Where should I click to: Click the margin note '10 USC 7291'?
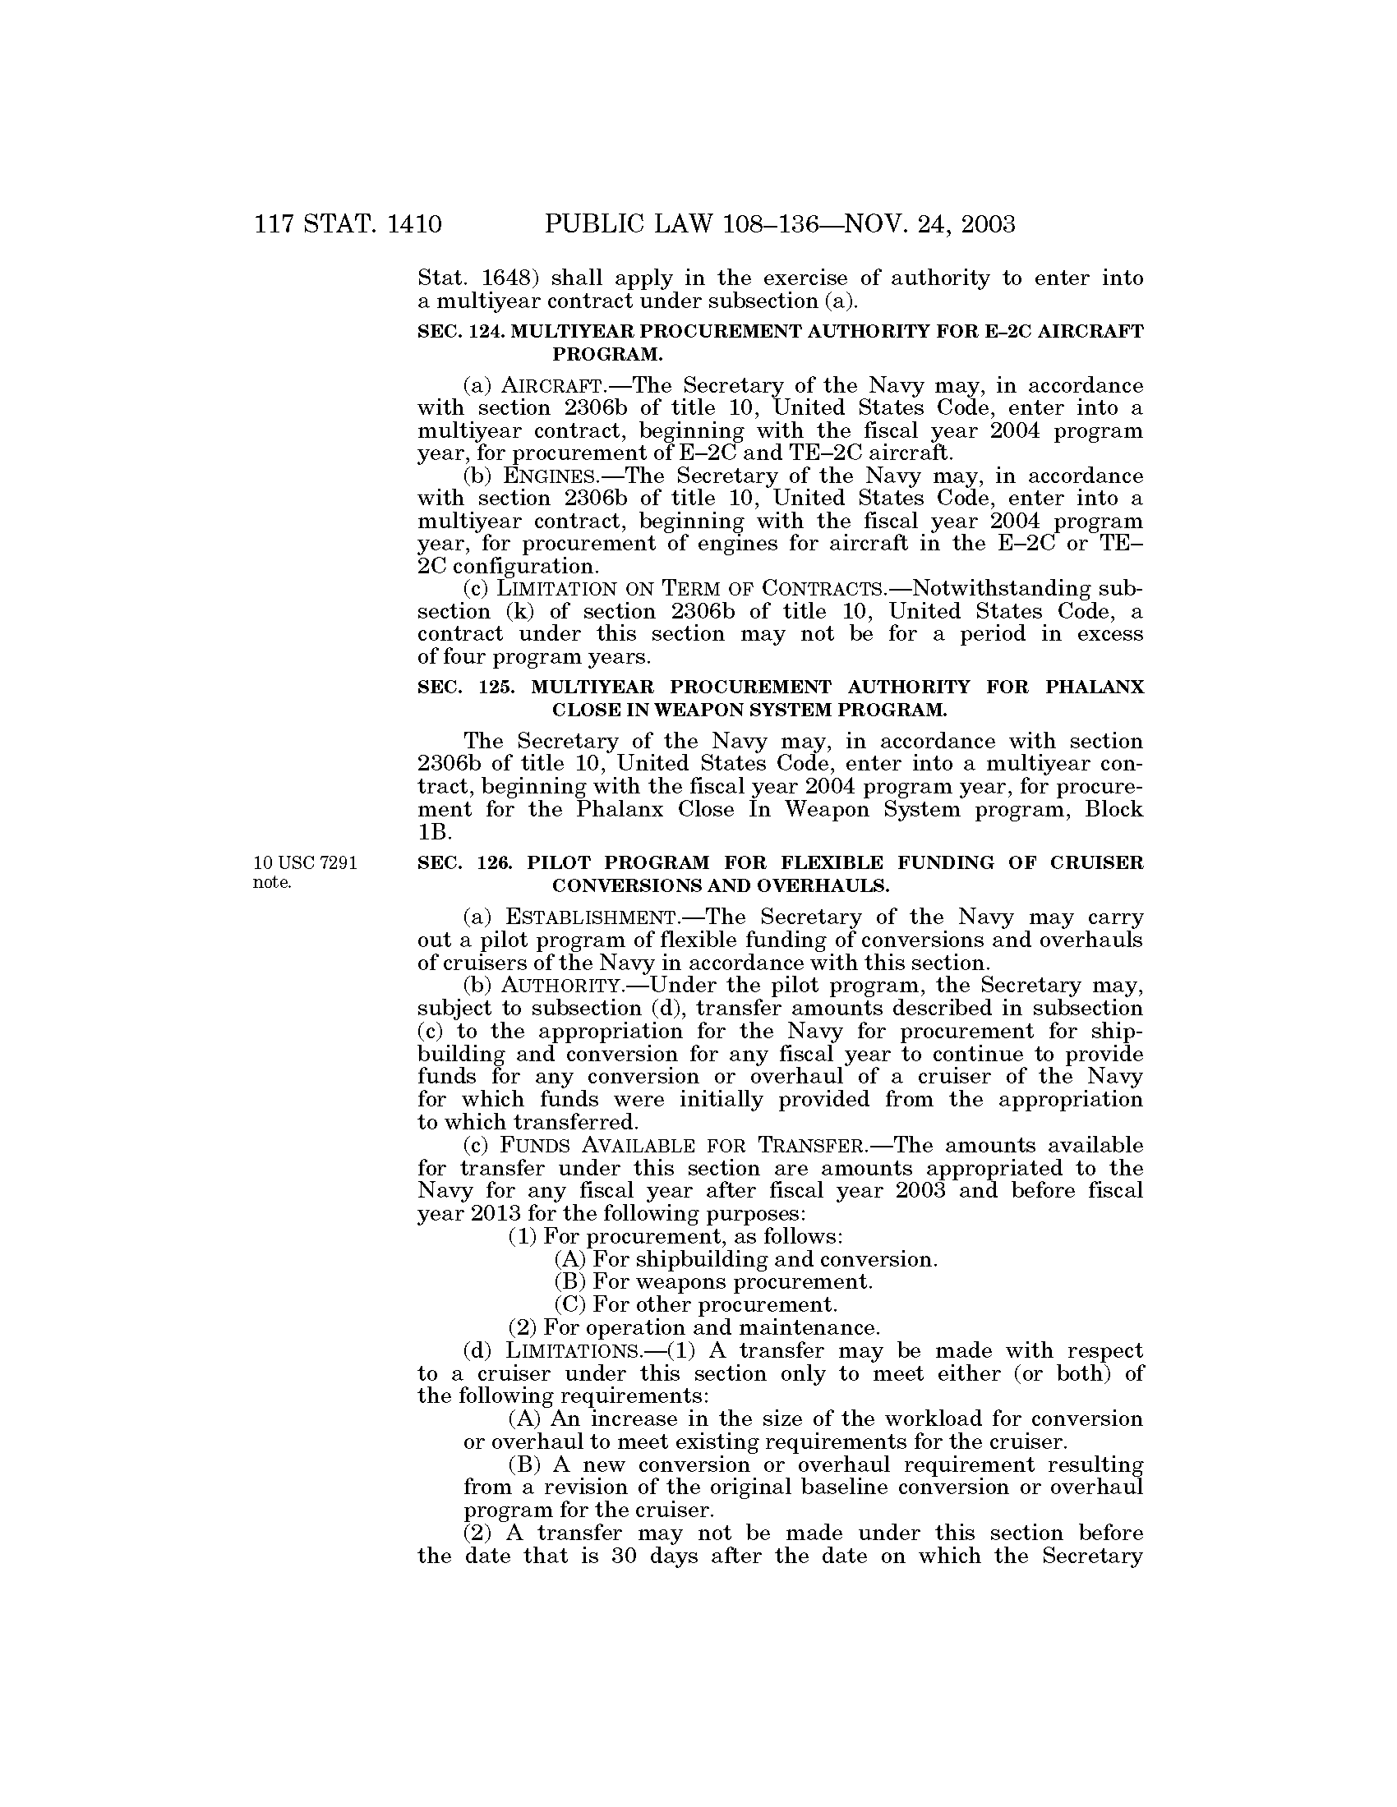(x=306, y=864)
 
